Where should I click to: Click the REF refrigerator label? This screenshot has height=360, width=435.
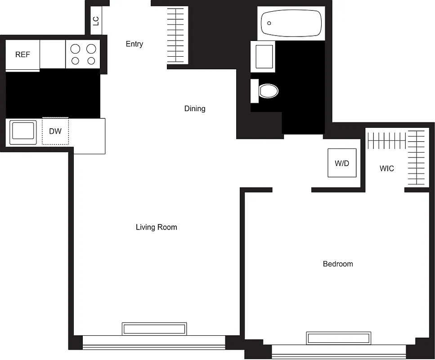click(22, 54)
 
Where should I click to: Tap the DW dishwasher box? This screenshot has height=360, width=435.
click(55, 131)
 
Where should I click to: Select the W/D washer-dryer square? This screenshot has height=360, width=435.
click(342, 163)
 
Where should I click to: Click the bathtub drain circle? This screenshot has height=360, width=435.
click(269, 23)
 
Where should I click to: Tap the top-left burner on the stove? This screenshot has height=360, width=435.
click(76, 49)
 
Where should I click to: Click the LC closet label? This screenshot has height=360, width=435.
click(96, 21)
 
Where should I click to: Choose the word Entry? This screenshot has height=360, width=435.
click(135, 44)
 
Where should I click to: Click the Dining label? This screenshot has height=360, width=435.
click(195, 108)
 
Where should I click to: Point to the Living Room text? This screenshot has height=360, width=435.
click(157, 227)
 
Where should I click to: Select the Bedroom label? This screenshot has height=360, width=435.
click(338, 264)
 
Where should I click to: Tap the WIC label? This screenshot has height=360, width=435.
click(387, 169)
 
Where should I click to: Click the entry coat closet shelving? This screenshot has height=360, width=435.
click(178, 36)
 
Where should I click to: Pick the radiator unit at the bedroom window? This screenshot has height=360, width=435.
click(339, 338)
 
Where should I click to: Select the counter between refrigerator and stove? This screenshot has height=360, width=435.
click(53, 54)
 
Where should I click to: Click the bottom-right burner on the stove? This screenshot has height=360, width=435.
click(91, 61)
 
